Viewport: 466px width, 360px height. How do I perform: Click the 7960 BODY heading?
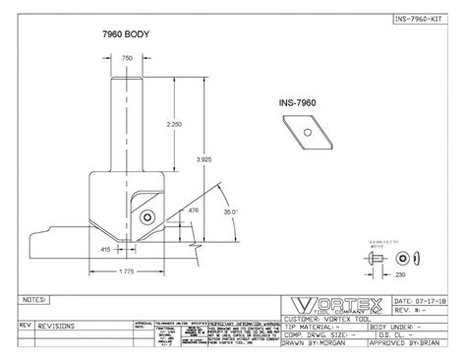click(x=129, y=33)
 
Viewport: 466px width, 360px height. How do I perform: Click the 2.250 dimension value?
click(x=174, y=124)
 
